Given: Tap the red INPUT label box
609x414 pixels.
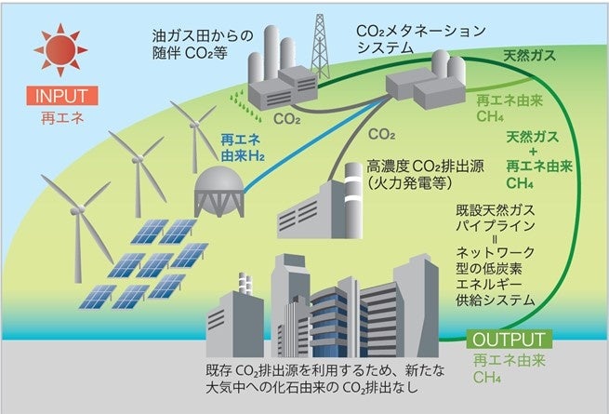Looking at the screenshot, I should coord(64,96).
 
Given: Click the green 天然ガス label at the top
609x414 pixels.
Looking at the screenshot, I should coord(529,57).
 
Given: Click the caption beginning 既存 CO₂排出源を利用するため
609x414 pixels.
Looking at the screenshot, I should coord(325,380).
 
